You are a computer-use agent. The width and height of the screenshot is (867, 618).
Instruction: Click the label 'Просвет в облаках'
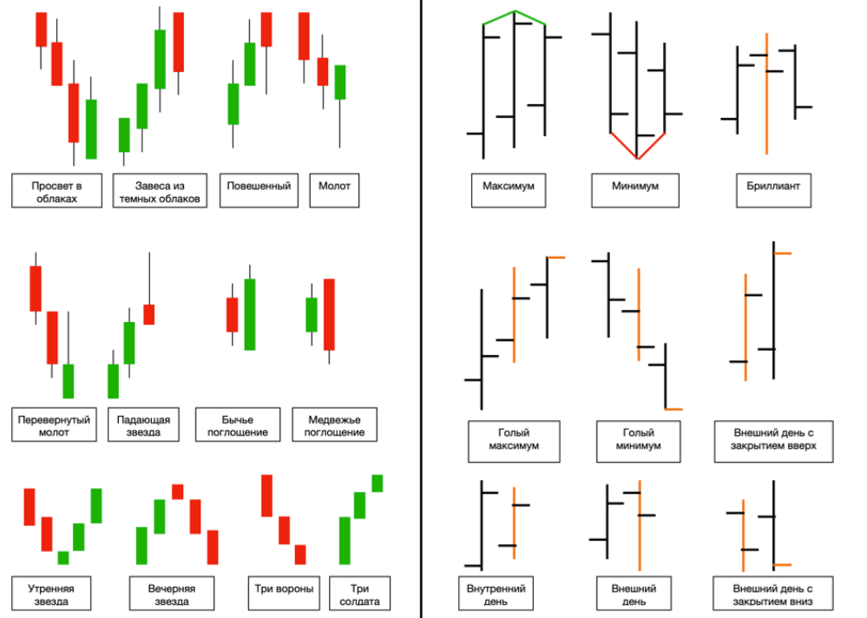(x=57, y=191)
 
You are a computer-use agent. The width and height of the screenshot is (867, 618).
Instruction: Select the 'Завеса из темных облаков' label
(x=160, y=191)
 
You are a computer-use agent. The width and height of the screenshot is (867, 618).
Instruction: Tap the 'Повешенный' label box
(x=259, y=191)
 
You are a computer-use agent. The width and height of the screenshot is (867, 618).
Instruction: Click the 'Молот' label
(x=334, y=191)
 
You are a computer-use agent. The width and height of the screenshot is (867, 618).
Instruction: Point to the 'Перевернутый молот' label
(x=54, y=425)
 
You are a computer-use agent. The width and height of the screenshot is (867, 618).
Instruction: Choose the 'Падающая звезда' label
(x=144, y=425)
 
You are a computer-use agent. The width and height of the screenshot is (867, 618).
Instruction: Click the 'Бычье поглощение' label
(x=238, y=425)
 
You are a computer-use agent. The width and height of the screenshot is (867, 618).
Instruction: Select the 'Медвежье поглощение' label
(x=334, y=425)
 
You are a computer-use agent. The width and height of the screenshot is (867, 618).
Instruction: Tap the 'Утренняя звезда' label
(x=51, y=595)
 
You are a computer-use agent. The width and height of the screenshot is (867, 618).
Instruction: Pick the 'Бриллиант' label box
(x=773, y=191)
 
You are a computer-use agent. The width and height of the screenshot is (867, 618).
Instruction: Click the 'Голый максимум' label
(x=515, y=442)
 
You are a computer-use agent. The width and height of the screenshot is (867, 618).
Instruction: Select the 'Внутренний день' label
(x=496, y=595)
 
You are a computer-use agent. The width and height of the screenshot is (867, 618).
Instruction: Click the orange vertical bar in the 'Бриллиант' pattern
(x=766, y=94)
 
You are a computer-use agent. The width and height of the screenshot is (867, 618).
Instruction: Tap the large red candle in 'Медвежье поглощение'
(x=329, y=314)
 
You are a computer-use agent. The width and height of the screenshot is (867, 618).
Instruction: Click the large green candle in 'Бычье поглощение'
(x=250, y=314)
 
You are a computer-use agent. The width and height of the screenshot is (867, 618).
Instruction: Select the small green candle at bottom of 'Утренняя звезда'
(x=63, y=558)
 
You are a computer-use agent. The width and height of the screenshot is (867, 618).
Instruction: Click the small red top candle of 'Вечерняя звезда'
(x=178, y=492)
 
